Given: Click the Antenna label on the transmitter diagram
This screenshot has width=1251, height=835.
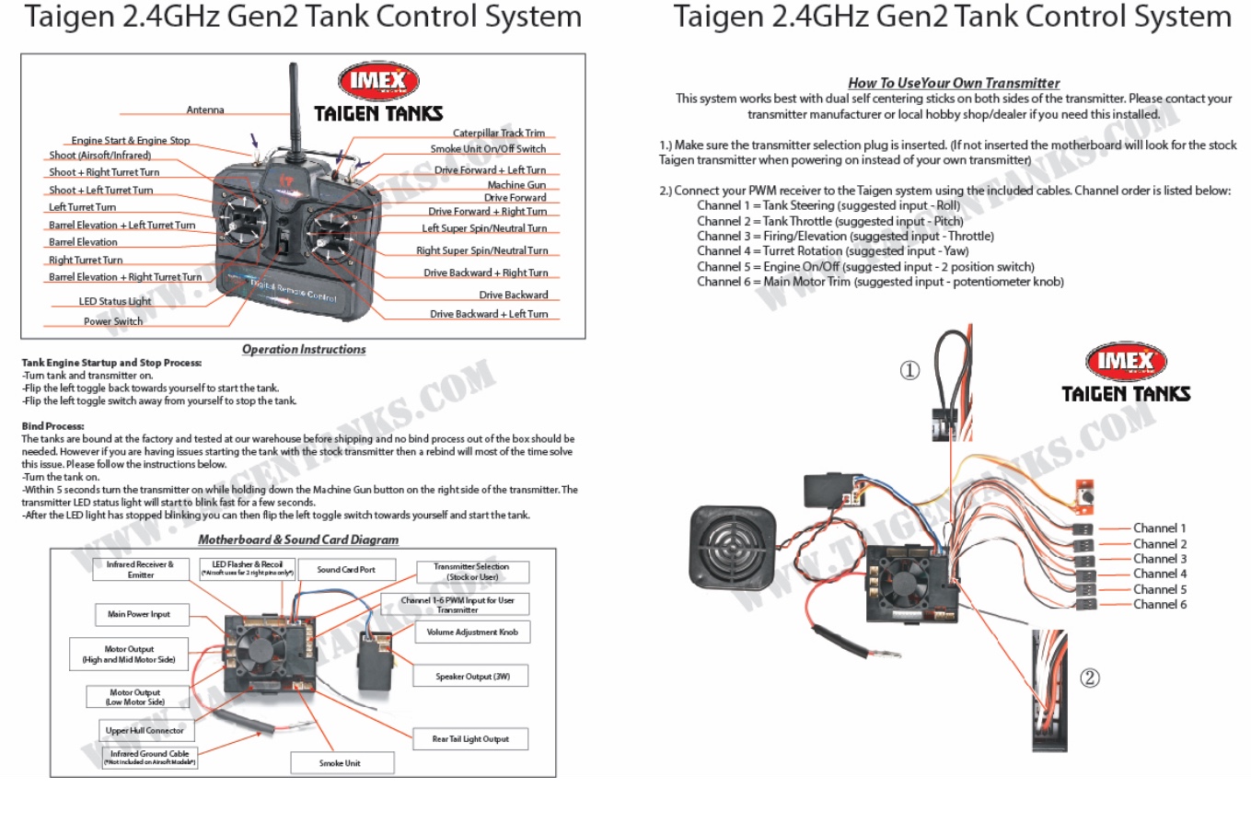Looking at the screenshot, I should coord(205,110).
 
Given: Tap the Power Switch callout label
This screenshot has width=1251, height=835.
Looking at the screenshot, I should coord(113,321).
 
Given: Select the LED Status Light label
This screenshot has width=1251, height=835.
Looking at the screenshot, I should coord(115,301).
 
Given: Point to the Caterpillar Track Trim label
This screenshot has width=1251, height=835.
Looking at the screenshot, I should coord(498,133).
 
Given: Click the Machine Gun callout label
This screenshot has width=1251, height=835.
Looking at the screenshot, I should coord(516,184).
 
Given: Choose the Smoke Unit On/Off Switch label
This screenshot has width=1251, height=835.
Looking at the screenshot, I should coord(488,148).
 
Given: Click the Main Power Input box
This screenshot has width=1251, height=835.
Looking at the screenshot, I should coord(139,614).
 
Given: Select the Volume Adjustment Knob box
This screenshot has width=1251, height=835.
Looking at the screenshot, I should coord(472,632).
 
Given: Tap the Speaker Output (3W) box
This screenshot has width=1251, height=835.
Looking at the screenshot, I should coord(472,677).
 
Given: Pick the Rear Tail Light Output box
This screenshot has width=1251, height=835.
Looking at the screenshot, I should coord(470,738).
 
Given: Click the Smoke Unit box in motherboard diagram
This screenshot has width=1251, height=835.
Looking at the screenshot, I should coord(340,763).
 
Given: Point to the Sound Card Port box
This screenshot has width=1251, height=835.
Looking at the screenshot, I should coord(346,570).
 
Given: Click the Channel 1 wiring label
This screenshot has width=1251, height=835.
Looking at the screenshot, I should coord(1159,528).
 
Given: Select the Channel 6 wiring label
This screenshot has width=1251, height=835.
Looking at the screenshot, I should coord(1159,605).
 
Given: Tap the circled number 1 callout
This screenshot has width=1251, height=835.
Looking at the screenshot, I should coord(909,370).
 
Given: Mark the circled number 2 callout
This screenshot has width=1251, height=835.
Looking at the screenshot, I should coord(1090,678).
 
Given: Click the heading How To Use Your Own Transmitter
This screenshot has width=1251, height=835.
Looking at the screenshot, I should coord(954,83).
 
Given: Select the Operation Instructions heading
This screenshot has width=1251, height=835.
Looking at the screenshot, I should coord(304,350).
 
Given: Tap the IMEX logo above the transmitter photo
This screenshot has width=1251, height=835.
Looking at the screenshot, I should coord(378,81).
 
